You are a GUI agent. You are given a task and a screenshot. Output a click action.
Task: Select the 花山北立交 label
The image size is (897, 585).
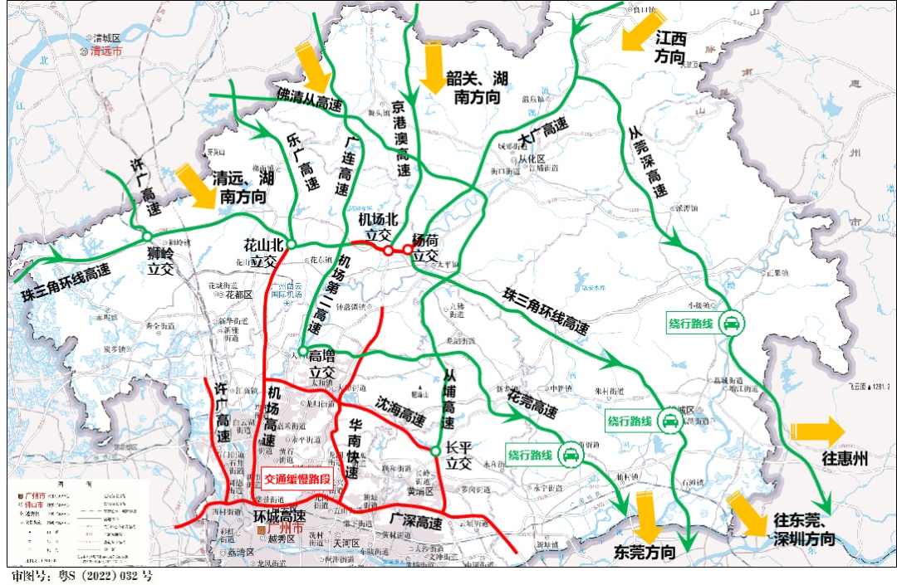[263, 254]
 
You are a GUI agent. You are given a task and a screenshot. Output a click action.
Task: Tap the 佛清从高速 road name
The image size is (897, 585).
[309, 100]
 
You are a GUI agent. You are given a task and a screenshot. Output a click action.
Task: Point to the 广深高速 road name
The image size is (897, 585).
[416, 521]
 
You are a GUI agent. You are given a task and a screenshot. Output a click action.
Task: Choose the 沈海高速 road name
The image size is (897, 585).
[399, 405]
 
